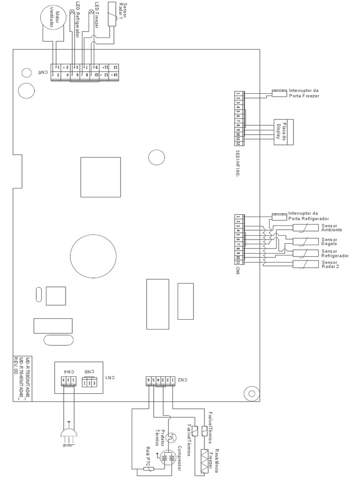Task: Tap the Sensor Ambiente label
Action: (331, 228)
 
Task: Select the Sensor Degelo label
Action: (330, 241)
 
